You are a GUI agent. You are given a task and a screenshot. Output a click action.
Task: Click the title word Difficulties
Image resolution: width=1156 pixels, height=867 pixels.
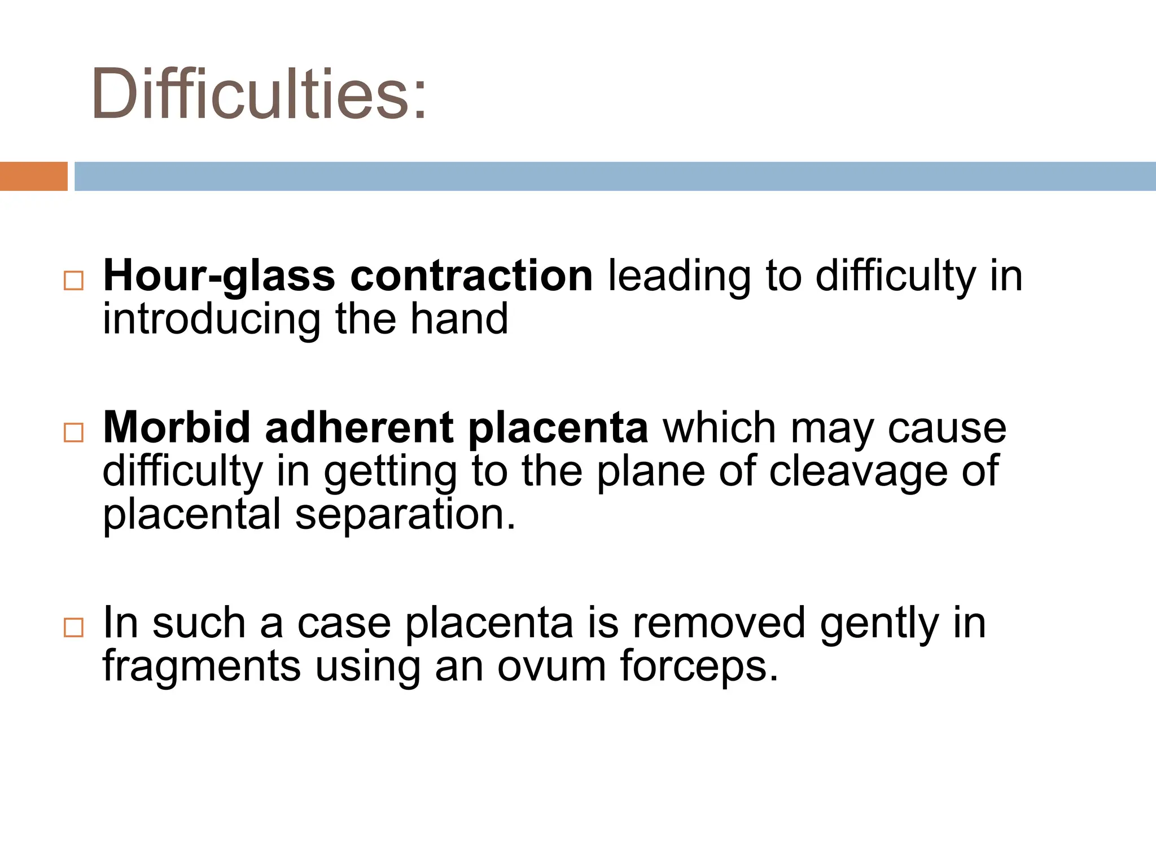click(259, 93)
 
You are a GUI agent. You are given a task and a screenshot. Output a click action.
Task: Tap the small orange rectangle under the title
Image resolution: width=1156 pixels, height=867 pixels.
click(33, 176)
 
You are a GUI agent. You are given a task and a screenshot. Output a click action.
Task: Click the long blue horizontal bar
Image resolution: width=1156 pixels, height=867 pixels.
click(614, 176)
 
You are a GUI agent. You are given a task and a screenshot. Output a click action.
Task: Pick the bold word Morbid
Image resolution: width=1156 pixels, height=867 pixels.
click(177, 427)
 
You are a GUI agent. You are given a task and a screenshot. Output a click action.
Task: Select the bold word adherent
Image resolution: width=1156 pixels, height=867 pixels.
click(359, 427)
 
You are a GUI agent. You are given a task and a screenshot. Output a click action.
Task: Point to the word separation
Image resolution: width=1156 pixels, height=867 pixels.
click(405, 514)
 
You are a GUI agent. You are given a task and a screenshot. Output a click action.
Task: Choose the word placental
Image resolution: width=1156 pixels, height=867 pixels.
click(192, 514)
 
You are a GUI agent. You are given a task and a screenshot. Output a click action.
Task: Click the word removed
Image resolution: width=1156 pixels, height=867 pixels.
click(719, 623)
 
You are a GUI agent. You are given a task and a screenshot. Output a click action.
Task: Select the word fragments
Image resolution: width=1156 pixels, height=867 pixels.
click(202, 666)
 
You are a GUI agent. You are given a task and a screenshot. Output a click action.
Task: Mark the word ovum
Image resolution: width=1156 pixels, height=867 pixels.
click(551, 666)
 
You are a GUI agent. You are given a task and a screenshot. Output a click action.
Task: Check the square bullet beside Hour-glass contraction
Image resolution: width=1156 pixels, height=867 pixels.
click(74, 281)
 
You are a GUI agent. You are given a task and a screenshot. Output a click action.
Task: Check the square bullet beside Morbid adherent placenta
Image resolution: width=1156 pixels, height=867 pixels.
click(74, 432)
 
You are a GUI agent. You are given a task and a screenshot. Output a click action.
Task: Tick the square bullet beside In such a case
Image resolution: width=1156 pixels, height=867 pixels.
click(74, 627)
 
